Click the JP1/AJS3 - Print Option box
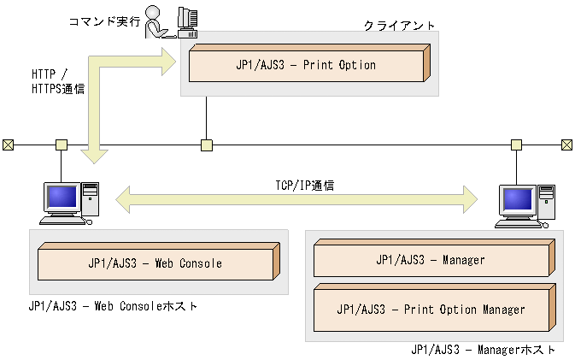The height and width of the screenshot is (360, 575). [306, 65]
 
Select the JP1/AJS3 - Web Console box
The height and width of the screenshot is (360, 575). [155, 263]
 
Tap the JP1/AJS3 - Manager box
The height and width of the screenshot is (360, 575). [430, 260]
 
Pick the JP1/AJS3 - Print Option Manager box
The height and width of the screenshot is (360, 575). [430, 309]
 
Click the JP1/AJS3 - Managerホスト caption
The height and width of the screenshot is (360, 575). [483, 350]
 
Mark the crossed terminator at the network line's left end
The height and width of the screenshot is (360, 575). [8, 145]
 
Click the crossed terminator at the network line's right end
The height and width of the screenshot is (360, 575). [566, 145]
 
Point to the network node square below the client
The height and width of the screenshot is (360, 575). [206, 145]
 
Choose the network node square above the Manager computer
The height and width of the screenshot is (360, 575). [516, 145]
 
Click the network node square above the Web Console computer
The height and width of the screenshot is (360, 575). [61, 145]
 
